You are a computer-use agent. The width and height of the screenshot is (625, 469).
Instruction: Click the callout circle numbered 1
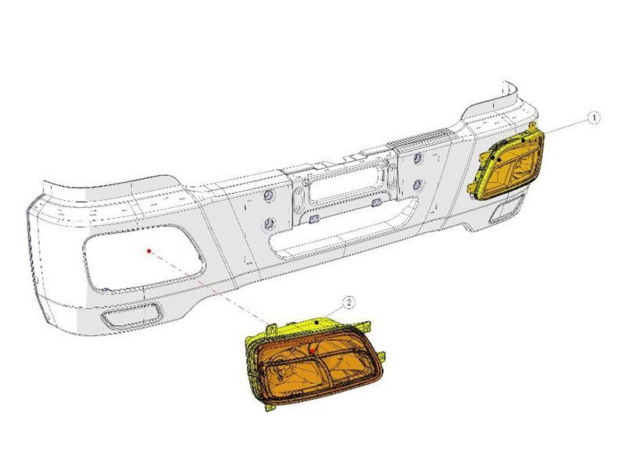[x=595, y=117]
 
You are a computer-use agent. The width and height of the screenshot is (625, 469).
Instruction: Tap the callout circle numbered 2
[x=348, y=302]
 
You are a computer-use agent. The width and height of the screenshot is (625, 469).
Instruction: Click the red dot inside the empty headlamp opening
[x=148, y=251]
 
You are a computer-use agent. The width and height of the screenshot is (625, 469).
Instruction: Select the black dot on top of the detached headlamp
[x=315, y=320]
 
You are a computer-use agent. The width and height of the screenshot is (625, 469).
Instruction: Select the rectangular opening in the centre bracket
[x=343, y=187]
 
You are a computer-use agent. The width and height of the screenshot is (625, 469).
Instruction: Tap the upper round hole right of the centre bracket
[x=419, y=159]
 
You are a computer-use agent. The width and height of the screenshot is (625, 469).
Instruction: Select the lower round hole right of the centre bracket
[x=418, y=185]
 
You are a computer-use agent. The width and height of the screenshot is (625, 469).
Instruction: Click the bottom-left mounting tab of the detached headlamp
[x=270, y=405]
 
